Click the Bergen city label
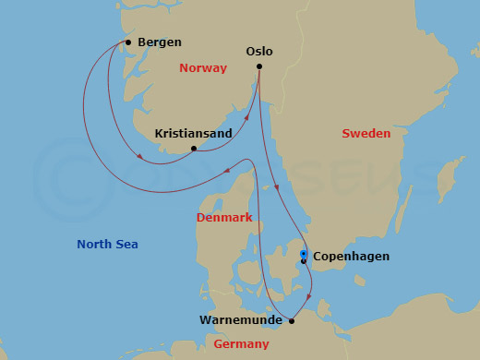click(159, 42)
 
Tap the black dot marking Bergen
click(127, 42)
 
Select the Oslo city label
click(259, 52)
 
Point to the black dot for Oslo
click(259, 66)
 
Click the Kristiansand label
click(192, 134)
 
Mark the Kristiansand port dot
click(193, 149)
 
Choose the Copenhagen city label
click(351, 257)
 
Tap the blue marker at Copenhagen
click(303, 254)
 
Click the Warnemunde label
click(241, 321)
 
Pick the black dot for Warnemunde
click(292, 321)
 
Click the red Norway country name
click(203, 68)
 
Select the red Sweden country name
click(366, 134)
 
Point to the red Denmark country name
click(224, 218)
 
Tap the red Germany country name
click(242, 343)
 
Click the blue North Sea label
click(107, 244)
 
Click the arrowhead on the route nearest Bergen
click(139, 157)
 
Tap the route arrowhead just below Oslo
click(278, 188)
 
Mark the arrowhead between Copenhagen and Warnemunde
click(309, 298)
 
